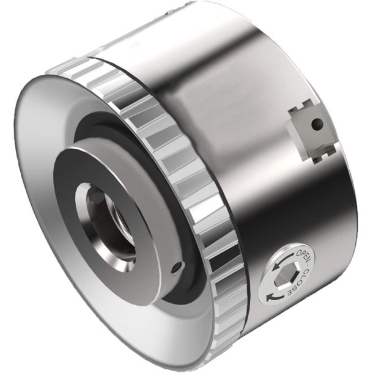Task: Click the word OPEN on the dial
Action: pyautogui.click(x=302, y=255)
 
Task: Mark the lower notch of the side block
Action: pyautogui.click(x=317, y=158)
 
